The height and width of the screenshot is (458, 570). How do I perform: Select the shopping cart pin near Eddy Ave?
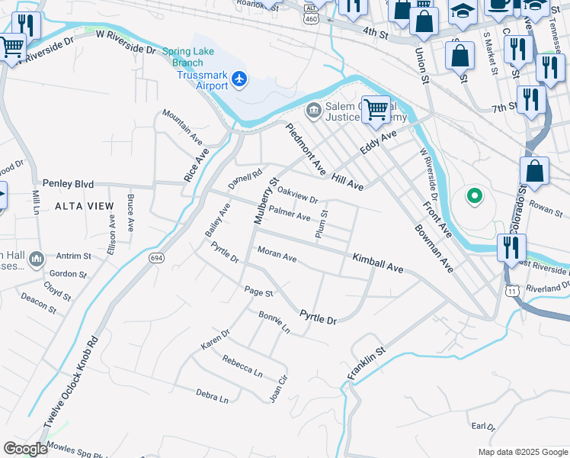click(376, 109)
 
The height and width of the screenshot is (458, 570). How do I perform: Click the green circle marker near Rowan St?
click(474, 198)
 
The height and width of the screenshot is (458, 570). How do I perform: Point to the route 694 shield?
click(156, 258)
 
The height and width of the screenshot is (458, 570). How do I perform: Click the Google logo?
click(25, 448)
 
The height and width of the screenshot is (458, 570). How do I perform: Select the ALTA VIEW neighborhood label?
click(84, 206)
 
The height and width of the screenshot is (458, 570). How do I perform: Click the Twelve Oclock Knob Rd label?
click(71, 381)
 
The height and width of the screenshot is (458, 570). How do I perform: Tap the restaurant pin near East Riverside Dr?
click(511, 248)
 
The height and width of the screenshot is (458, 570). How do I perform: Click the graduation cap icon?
click(462, 11)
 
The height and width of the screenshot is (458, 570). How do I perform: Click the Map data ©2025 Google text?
click(522, 452)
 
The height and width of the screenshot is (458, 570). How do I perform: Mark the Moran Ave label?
click(277, 254)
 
